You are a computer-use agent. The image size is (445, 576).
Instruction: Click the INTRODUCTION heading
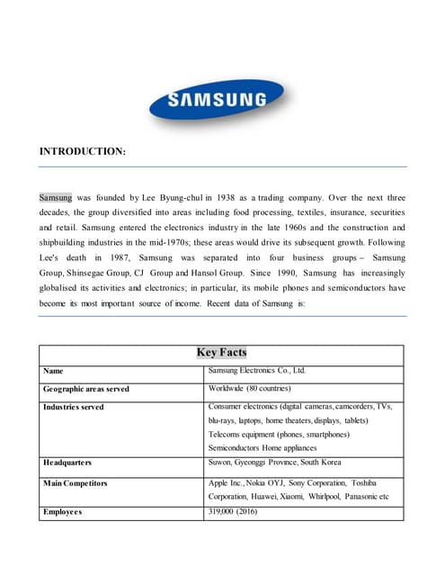82,152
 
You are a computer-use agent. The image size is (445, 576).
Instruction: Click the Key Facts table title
221,353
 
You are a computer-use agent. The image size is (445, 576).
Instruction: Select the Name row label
53,371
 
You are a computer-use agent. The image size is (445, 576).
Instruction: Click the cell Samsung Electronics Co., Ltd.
257,370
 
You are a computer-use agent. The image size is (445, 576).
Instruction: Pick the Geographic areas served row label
85,389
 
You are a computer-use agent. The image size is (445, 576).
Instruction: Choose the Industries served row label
73,407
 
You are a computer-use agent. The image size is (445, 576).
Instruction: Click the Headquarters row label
67,463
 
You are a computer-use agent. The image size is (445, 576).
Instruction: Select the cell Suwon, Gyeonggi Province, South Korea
274,462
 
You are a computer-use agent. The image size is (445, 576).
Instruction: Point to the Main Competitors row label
76,483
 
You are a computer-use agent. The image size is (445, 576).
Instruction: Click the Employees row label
62,511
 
